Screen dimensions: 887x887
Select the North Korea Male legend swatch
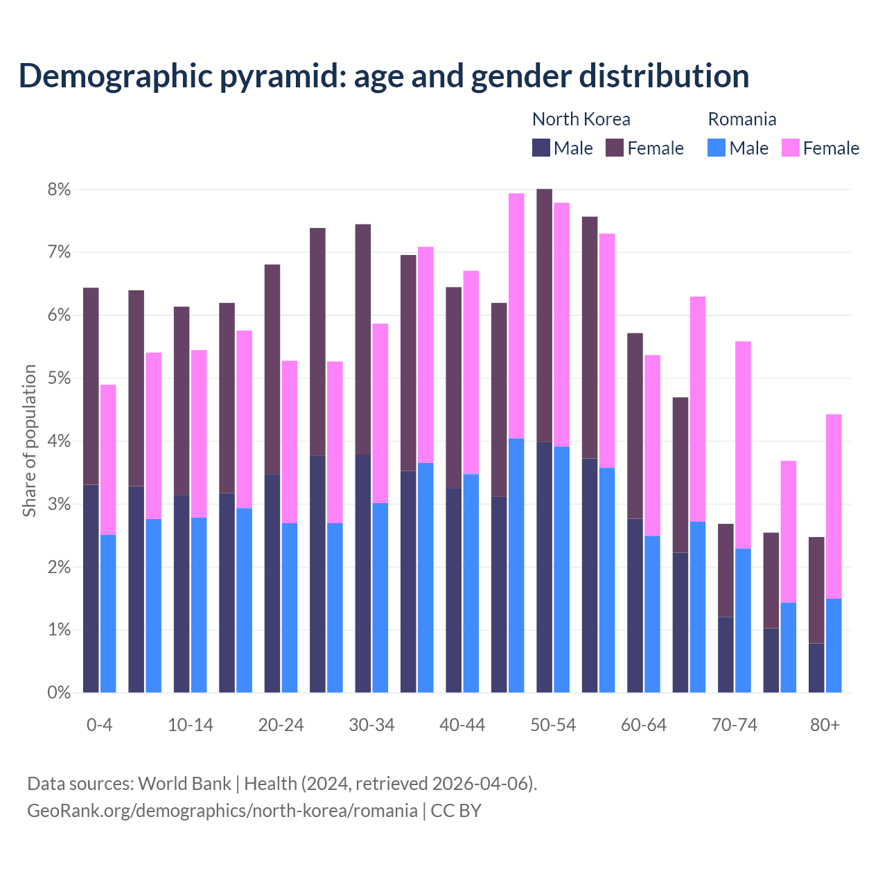click(x=541, y=148)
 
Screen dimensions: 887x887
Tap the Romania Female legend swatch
click(x=790, y=148)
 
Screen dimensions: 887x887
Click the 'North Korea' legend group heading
click(x=581, y=119)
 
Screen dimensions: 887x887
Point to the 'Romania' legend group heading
click(x=741, y=119)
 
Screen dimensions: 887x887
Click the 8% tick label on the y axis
click(x=59, y=189)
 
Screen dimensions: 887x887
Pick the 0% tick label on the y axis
click(x=59, y=692)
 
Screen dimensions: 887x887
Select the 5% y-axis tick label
click(x=59, y=378)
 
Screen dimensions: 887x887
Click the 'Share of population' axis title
click(x=29, y=441)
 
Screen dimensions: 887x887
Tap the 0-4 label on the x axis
click(x=99, y=725)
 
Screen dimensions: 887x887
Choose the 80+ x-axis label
click(x=825, y=725)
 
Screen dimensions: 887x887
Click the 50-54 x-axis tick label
click(x=553, y=725)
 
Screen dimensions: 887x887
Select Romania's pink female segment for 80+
click(x=834, y=506)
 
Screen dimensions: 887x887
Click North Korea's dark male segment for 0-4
click(x=91, y=589)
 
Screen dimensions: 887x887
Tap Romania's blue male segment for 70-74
click(x=743, y=620)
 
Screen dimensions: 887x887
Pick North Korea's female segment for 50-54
click(x=545, y=315)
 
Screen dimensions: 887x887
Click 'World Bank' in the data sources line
click(x=184, y=784)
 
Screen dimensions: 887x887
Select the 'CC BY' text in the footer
click(x=455, y=811)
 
